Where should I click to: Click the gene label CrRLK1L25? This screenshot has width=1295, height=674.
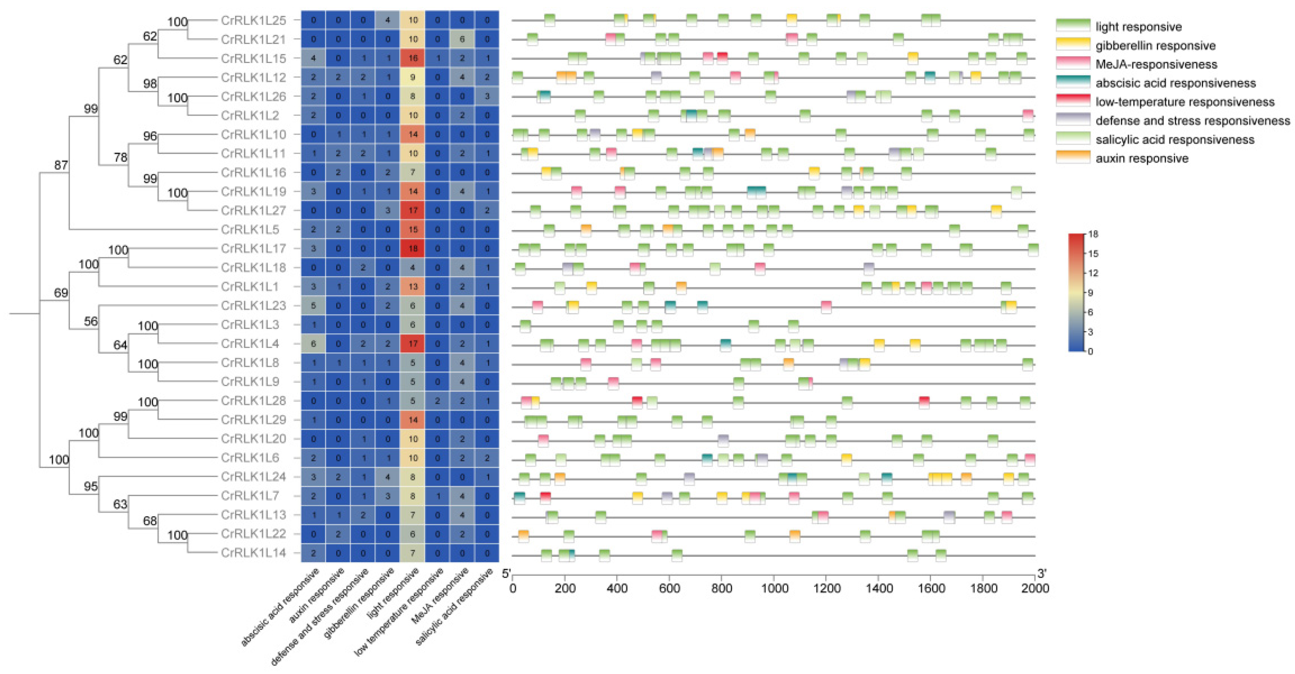pyautogui.click(x=253, y=20)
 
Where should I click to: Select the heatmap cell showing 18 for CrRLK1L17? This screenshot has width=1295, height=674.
pyautogui.click(x=413, y=248)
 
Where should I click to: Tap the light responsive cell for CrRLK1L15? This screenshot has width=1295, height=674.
pyautogui.click(x=413, y=58)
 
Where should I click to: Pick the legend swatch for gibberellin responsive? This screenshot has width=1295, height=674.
pyautogui.click(x=1073, y=45)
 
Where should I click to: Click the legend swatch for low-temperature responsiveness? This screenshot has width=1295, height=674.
pyautogui.click(x=1073, y=101)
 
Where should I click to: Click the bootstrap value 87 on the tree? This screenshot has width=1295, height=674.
pyautogui.click(x=61, y=165)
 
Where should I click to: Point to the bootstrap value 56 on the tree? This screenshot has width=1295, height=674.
pyautogui.click(x=91, y=321)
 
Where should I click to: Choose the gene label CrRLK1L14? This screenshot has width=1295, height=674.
pyautogui.click(x=253, y=553)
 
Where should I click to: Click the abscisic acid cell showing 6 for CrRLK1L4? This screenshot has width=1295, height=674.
pyautogui.click(x=313, y=344)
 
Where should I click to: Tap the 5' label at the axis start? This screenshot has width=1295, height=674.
pyautogui.click(x=506, y=574)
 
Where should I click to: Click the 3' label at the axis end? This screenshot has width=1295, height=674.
pyautogui.click(x=1042, y=574)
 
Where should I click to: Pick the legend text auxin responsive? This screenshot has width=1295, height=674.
pyautogui.click(x=1142, y=159)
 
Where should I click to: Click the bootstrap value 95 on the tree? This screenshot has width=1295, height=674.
pyautogui.click(x=91, y=486)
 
